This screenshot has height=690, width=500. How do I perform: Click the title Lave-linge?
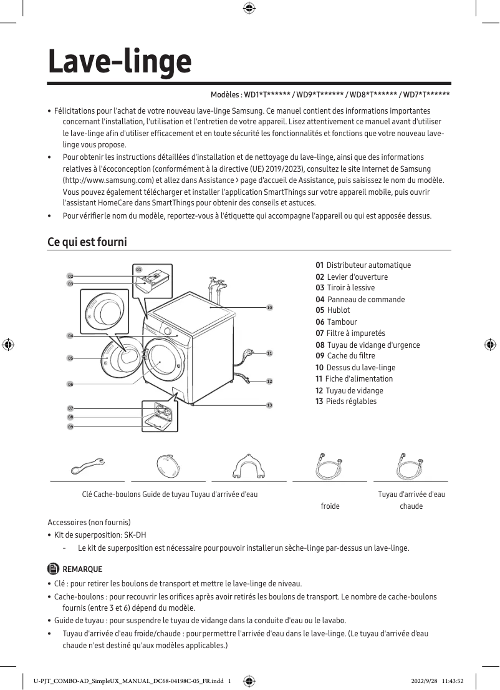[120, 62]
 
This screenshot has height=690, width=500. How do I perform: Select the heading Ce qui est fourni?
[87, 242]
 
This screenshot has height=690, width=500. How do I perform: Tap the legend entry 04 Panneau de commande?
[360, 299]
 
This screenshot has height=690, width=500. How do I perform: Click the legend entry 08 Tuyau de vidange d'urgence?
[368, 345]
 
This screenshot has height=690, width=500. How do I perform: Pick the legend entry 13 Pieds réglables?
[346, 402]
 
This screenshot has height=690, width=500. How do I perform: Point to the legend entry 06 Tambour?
[337, 322]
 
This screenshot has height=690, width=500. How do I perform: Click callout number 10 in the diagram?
[269, 308]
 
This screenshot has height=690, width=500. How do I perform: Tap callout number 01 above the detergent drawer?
[138, 269]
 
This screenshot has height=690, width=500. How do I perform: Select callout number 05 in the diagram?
[71, 358]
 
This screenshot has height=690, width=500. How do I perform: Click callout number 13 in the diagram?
[269, 405]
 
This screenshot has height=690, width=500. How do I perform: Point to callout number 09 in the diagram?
[71, 426]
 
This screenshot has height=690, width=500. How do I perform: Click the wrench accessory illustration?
[87, 466]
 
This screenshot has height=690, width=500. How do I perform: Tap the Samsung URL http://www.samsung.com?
[100, 180]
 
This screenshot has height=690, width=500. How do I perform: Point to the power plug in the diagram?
[250, 353]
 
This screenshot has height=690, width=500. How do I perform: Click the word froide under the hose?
[330, 506]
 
